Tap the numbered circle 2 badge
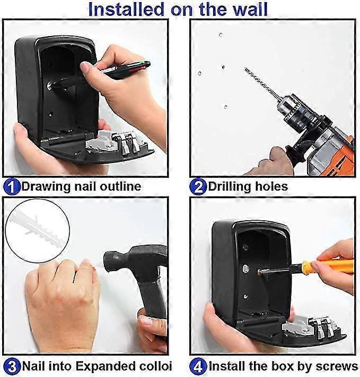pos(198,187)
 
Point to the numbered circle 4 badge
pos(198,367)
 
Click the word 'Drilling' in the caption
pos(230,187)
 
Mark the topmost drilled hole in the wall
pos(221,35)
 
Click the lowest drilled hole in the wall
pos(225,107)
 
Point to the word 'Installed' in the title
pos(126,9)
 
